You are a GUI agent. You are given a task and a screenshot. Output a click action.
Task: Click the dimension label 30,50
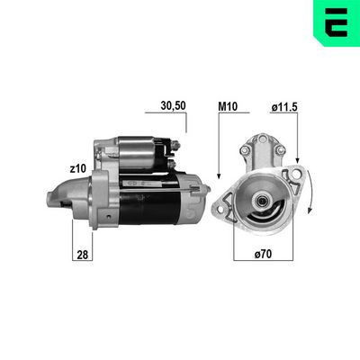173,105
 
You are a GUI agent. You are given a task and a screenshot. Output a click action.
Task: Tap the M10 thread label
228,106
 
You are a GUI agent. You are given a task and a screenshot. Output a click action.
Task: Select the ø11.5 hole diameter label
284,107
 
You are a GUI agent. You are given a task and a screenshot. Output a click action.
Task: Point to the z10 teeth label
77,169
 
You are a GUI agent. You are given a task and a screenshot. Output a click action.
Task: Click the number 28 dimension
83,255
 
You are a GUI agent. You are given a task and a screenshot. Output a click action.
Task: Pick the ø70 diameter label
263,254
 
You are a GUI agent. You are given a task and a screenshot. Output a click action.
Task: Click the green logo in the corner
337,23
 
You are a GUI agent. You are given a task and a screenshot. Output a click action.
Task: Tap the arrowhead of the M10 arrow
219,176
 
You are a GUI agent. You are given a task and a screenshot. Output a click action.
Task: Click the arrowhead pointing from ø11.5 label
297,160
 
